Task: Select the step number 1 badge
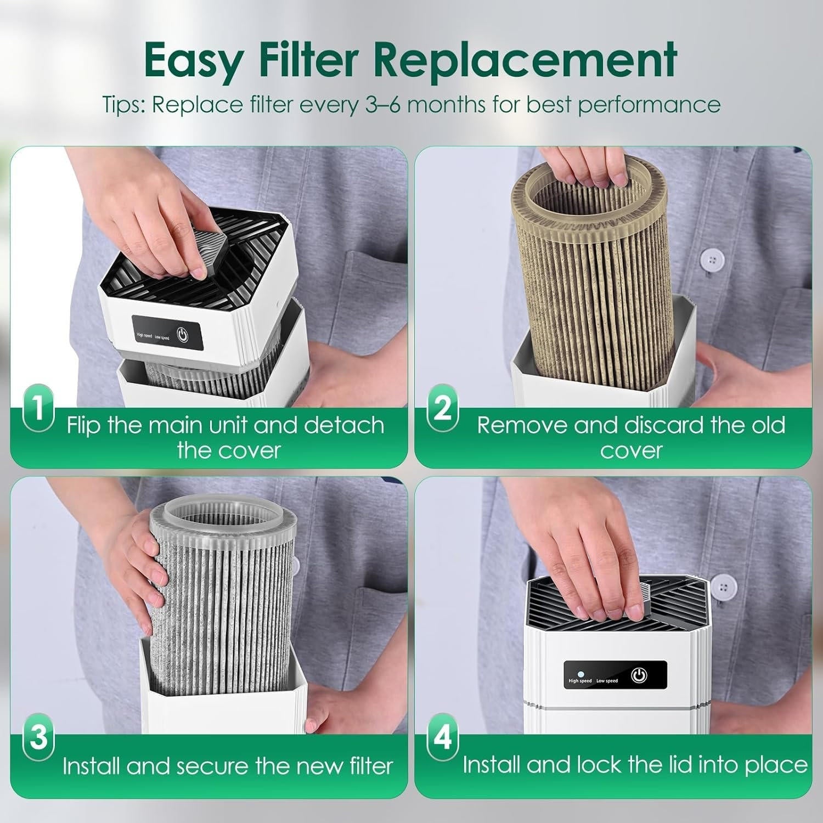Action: (38, 410)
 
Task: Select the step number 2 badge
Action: (442, 410)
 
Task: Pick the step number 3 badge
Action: (38, 737)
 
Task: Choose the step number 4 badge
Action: (442, 737)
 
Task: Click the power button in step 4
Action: (639, 675)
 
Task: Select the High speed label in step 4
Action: (580, 681)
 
